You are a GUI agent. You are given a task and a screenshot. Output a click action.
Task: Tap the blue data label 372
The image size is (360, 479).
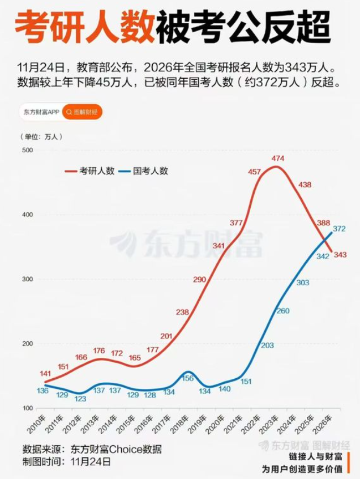pos(340,229)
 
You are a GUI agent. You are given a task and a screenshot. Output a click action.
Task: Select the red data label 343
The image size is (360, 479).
pos(340,255)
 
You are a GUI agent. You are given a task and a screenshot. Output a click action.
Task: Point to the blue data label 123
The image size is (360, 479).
pos(81,399)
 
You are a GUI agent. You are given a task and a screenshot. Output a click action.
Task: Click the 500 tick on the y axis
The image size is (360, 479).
pos(27,150)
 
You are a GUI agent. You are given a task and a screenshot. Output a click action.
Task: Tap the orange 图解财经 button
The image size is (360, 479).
pos(82,112)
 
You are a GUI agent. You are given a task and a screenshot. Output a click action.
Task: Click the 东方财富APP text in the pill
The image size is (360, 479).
pos(41,112)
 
